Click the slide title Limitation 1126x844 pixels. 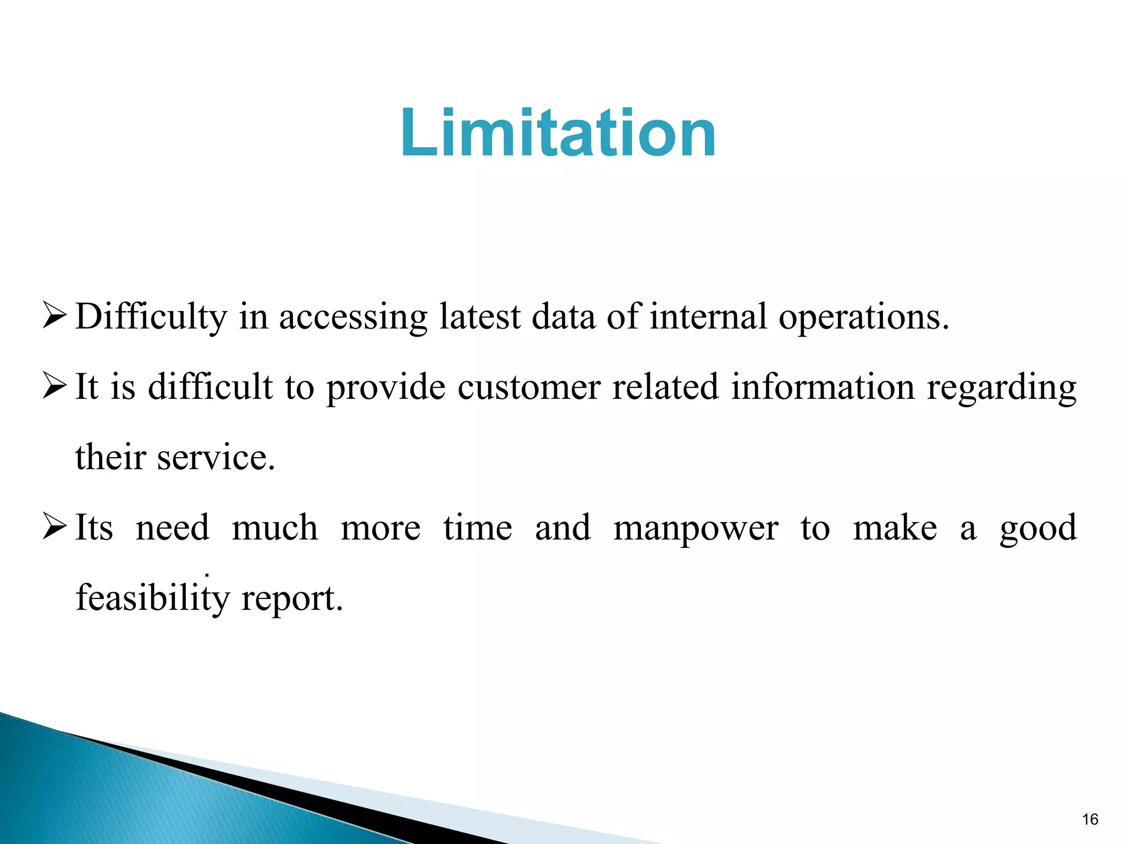click(558, 133)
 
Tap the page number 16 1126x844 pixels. click(1090, 819)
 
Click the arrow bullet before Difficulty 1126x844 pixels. click(54, 317)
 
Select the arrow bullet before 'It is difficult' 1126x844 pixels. click(54, 387)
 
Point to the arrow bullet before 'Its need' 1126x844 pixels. click(54, 527)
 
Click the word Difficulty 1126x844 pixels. click(151, 317)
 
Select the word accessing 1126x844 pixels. click(353, 317)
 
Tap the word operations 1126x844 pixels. click(864, 317)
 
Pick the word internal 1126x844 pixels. click(708, 317)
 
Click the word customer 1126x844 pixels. click(528, 387)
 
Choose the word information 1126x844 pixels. click(823, 387)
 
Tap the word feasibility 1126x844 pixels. click(153, 598)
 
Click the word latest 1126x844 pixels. click(479, 317)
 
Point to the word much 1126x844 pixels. click(275, 527)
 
